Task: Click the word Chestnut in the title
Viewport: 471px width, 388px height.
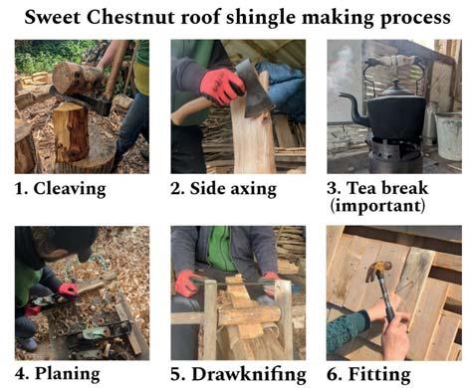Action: pos(130,17)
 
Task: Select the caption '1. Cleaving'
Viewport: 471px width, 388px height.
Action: pos(61,189)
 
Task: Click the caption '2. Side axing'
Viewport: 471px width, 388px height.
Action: pos(223,189)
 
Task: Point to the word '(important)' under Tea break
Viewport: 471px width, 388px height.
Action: pos(377,206)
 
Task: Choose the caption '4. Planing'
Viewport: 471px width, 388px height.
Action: pos(58,374)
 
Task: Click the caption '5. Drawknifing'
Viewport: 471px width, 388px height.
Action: pos(238,374)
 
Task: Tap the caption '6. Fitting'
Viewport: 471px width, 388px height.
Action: pos(368,375)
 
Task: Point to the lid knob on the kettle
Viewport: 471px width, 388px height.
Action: pos(395,82)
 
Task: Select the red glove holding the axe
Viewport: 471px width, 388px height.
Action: pos(222,86)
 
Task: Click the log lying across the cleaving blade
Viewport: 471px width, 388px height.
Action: pos(79,79)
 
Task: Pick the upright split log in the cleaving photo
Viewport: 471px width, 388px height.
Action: pos(71,132)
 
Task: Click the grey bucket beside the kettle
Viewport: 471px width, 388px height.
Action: pos(448,136)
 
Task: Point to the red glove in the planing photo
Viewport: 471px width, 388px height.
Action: pos(69,291)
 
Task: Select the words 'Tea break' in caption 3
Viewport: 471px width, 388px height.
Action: pos(387,188)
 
